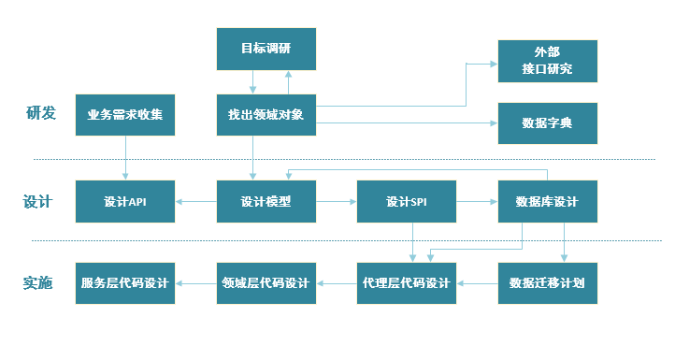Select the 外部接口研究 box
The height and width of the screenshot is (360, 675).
click(547, 62)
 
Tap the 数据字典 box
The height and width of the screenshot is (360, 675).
click(547, 123)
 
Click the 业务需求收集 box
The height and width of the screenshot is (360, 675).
click(125, 115)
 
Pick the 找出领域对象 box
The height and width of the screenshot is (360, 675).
click(266, 115)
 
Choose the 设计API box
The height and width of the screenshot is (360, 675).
click(125, 201)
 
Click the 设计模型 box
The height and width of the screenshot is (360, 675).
click(266, 201)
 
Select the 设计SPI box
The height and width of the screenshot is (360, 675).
click(407, 201)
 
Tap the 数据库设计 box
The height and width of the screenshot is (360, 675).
click(547, 201)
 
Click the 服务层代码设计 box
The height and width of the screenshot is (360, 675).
click(125, 283)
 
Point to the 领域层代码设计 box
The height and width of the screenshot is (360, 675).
click(266, 283)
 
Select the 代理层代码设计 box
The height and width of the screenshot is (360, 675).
click(407, 283)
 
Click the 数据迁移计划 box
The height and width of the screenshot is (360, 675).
click(547, 283)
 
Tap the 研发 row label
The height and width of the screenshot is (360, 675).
click(40, 114)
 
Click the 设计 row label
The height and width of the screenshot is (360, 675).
click(37, 202)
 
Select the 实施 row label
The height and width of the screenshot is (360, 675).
click(37, 283)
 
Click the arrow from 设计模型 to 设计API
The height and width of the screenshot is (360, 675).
click(196, 201)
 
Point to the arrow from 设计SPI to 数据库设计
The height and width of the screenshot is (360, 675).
click(477, 201)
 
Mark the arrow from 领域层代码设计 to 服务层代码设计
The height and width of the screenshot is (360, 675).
click(196, 283)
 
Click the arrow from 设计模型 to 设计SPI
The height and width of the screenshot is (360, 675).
click(337, 201)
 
